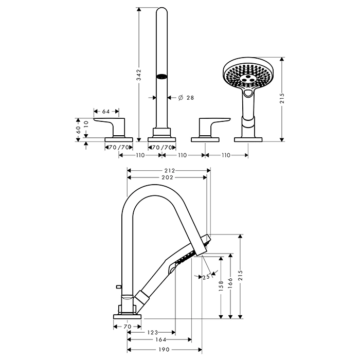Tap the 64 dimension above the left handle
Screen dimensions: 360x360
click(x=106, y=111)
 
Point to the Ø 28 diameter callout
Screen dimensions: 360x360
click(x=187, y=97)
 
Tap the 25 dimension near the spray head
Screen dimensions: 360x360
click(x=206, y=278)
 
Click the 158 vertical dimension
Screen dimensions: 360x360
click(x=221, y=285)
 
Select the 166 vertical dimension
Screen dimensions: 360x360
click(x=231, y=282)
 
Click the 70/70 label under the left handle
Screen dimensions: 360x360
click(x=119, y=147)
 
